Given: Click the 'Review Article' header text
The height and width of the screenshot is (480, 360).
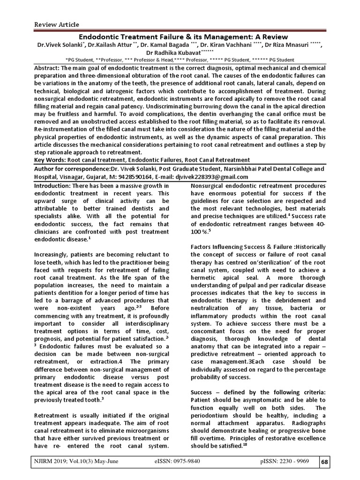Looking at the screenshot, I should coord(56,24).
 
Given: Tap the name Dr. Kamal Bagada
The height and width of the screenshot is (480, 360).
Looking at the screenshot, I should coord(162,45).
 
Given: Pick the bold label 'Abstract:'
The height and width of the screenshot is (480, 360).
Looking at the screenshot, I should coord(50,68).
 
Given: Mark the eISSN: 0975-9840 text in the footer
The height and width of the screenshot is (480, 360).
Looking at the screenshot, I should coord(180,462).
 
